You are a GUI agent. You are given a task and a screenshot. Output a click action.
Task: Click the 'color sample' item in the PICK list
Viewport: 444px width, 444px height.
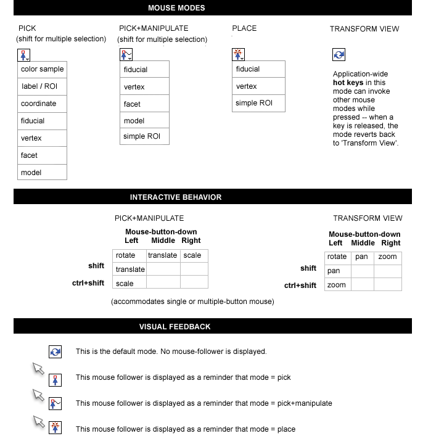42,69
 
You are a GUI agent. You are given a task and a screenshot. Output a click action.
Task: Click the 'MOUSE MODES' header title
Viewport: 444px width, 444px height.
176,8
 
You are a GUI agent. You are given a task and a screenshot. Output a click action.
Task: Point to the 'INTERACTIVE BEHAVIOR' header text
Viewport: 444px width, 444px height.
176,197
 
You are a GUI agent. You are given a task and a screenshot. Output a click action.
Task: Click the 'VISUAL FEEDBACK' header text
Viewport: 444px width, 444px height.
175,327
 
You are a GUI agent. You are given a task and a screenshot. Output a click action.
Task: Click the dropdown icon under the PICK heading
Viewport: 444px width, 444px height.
24,54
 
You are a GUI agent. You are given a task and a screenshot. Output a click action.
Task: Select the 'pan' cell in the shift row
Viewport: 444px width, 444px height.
334,271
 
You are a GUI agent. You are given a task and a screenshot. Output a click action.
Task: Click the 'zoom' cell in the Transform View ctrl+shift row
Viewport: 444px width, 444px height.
336,285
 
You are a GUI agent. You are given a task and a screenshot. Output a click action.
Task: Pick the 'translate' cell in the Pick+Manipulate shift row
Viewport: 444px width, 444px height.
129,269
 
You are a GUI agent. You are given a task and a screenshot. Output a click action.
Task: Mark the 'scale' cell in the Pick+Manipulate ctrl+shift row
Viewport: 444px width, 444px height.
125,284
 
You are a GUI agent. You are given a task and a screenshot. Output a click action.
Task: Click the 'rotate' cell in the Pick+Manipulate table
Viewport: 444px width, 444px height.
125,255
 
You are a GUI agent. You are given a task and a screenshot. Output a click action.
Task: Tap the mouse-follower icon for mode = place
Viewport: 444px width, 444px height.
55,428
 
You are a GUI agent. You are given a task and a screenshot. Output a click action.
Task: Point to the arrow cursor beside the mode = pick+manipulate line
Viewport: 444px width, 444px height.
38,395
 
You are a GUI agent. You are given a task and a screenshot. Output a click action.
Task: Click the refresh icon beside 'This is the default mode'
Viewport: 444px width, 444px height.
55,351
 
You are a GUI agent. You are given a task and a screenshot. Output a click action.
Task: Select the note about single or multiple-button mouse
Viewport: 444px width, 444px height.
192,302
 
